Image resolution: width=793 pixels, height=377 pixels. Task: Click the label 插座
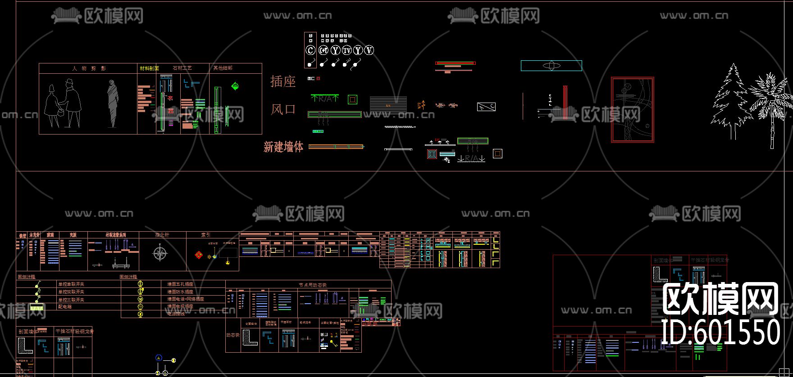coord(283,81)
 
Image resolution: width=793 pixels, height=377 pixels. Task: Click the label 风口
coord(283,109)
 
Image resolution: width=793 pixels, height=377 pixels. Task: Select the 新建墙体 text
coord(283,147)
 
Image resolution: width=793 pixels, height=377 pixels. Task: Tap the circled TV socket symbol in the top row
coord(346,50)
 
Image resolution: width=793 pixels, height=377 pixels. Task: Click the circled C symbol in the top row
coord(310,50)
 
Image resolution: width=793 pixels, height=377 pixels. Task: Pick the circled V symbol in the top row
coord(369,50)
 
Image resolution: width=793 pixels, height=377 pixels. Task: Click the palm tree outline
coord(770,108)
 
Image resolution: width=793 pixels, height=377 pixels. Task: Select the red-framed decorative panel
coord(632,110)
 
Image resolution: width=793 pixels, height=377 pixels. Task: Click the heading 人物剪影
coord(89,68)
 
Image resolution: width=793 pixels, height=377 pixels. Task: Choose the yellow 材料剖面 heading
coord(149,68)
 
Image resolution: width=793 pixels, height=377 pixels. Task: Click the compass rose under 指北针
coord(160,253)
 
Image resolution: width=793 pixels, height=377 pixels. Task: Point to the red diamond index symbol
coord(199,255)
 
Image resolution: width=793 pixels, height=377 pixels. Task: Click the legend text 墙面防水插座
coord(180,292)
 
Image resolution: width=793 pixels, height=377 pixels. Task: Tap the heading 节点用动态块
coord(312,285)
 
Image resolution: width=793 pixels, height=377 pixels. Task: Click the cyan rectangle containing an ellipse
coord(551,66)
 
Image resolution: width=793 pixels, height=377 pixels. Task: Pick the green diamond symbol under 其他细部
coord(235,86)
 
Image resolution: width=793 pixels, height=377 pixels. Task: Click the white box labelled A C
coord(486,107)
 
